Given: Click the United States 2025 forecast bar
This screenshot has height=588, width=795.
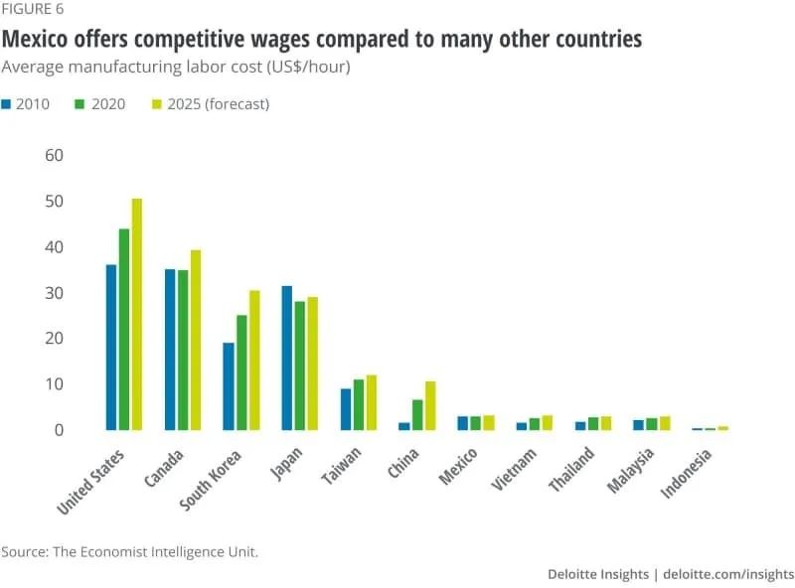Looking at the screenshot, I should coord(137,314).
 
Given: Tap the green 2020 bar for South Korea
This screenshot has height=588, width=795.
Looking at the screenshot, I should coord(241,372).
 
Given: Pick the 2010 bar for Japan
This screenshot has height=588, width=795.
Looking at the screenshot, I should coord(287,358).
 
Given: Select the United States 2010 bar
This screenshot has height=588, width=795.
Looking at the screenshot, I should coord(111,347).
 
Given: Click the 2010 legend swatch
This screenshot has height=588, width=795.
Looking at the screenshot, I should coord(7,103).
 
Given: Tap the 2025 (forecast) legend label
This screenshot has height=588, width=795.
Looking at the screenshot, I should coord(220,103).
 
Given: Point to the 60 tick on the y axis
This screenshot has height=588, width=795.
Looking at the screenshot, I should coord(54,156).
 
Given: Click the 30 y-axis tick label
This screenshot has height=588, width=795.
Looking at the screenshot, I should coord(54,293).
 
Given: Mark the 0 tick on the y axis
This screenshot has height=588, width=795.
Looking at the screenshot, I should coord(59,430).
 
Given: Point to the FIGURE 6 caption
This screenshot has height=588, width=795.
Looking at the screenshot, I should coord(33,10).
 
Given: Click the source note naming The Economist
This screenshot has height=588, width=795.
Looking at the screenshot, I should coord(129,551).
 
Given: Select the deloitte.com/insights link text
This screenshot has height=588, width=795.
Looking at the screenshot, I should coord(727,574).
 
